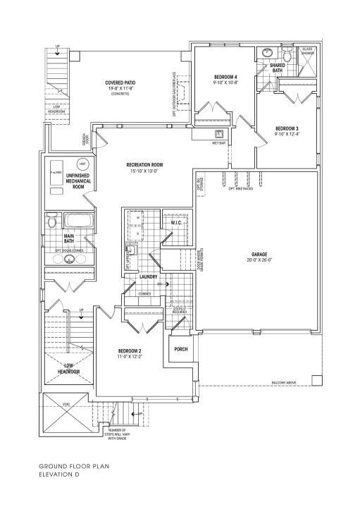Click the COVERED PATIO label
[x=121, y=82]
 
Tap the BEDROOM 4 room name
[x=226, y=76]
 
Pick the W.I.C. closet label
[x=176, y=224]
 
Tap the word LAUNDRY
[x=148, y=277]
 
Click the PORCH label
[x=181, y=348]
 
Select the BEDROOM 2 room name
[x=130, y=351]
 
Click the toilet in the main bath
[x=51, y=222]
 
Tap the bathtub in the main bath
[x=75, y=221]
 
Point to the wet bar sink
[x=219, y=134]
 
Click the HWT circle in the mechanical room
[x=82, y=164]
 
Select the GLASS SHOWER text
[x=308, y=51]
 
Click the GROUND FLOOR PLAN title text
[x=74, y=466]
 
